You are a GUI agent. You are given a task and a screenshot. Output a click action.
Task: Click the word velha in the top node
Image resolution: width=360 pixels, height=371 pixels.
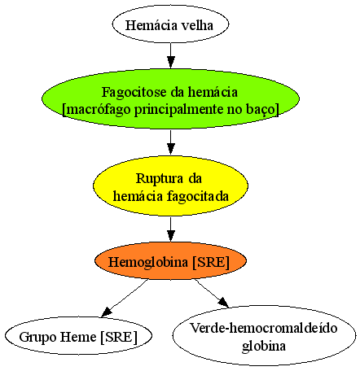pos(197,25)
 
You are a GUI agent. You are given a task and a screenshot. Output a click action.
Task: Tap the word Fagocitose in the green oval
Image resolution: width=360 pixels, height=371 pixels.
pos(134,93)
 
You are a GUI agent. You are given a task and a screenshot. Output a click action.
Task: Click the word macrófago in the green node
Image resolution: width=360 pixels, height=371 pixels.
pos(99,110)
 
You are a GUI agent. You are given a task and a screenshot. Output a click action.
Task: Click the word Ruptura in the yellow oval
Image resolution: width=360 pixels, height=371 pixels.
pos(160,179)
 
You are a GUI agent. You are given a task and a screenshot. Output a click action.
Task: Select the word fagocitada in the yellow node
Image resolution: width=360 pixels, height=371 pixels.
pos(198,196)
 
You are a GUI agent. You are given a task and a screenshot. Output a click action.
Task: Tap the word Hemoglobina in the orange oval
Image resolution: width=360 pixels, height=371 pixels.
pos(148,262)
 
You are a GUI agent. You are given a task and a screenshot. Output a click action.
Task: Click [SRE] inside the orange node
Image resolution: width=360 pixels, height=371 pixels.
pos(211,262)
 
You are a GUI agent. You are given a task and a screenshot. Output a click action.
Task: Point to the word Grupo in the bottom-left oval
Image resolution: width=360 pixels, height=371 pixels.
pos(37,338)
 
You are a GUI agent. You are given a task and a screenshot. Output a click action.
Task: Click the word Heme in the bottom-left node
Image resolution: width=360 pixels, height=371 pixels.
pos(78,337)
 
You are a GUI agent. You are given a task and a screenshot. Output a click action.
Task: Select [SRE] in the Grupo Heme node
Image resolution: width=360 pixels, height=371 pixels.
pos(119,338)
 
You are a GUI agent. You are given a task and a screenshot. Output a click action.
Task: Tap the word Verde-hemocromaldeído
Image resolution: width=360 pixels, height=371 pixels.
pos(264,328)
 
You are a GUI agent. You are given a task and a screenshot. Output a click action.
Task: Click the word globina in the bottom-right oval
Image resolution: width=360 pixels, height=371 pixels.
pos(264,346)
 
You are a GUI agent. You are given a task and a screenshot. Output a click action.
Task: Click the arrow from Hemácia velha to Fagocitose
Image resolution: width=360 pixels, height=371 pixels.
pos(170,55)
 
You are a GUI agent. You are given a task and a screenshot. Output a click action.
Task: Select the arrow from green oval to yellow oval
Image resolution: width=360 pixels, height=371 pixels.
pos(170,142)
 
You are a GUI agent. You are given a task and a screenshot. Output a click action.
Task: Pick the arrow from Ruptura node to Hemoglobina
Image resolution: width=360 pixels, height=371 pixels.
pos(170,229)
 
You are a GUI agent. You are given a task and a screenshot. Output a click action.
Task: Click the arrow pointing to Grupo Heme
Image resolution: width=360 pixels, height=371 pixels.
pos(125,298)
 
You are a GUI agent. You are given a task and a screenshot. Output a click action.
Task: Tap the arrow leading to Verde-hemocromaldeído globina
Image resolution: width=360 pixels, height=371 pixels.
pos(212,294)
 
